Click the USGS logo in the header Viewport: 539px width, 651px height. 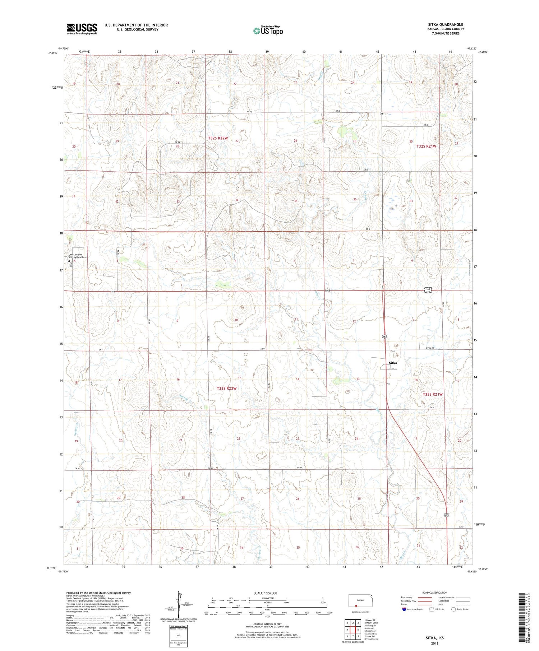82,29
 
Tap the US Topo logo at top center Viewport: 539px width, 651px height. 268,31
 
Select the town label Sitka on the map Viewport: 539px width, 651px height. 393,363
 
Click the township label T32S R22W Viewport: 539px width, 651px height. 218,138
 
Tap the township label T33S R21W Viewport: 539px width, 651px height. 433,394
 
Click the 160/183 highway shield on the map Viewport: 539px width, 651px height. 428,290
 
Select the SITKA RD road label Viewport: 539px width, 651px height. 430,348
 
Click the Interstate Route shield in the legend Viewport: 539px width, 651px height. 404,609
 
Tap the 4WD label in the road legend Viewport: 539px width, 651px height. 441,604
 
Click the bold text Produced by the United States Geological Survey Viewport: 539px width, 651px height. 98,593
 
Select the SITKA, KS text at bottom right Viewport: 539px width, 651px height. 434,638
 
